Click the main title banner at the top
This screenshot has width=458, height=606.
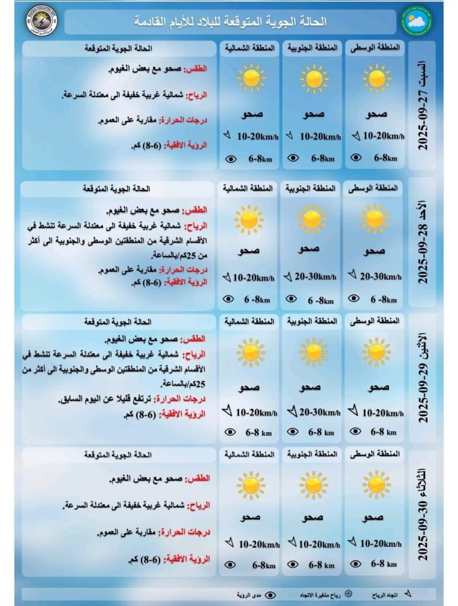click(230, 22)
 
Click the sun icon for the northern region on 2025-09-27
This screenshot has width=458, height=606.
click(251, 78)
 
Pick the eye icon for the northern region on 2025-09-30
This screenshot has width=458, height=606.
click(230, 565)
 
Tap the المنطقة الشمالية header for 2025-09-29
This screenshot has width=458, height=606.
click(249, 321)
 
